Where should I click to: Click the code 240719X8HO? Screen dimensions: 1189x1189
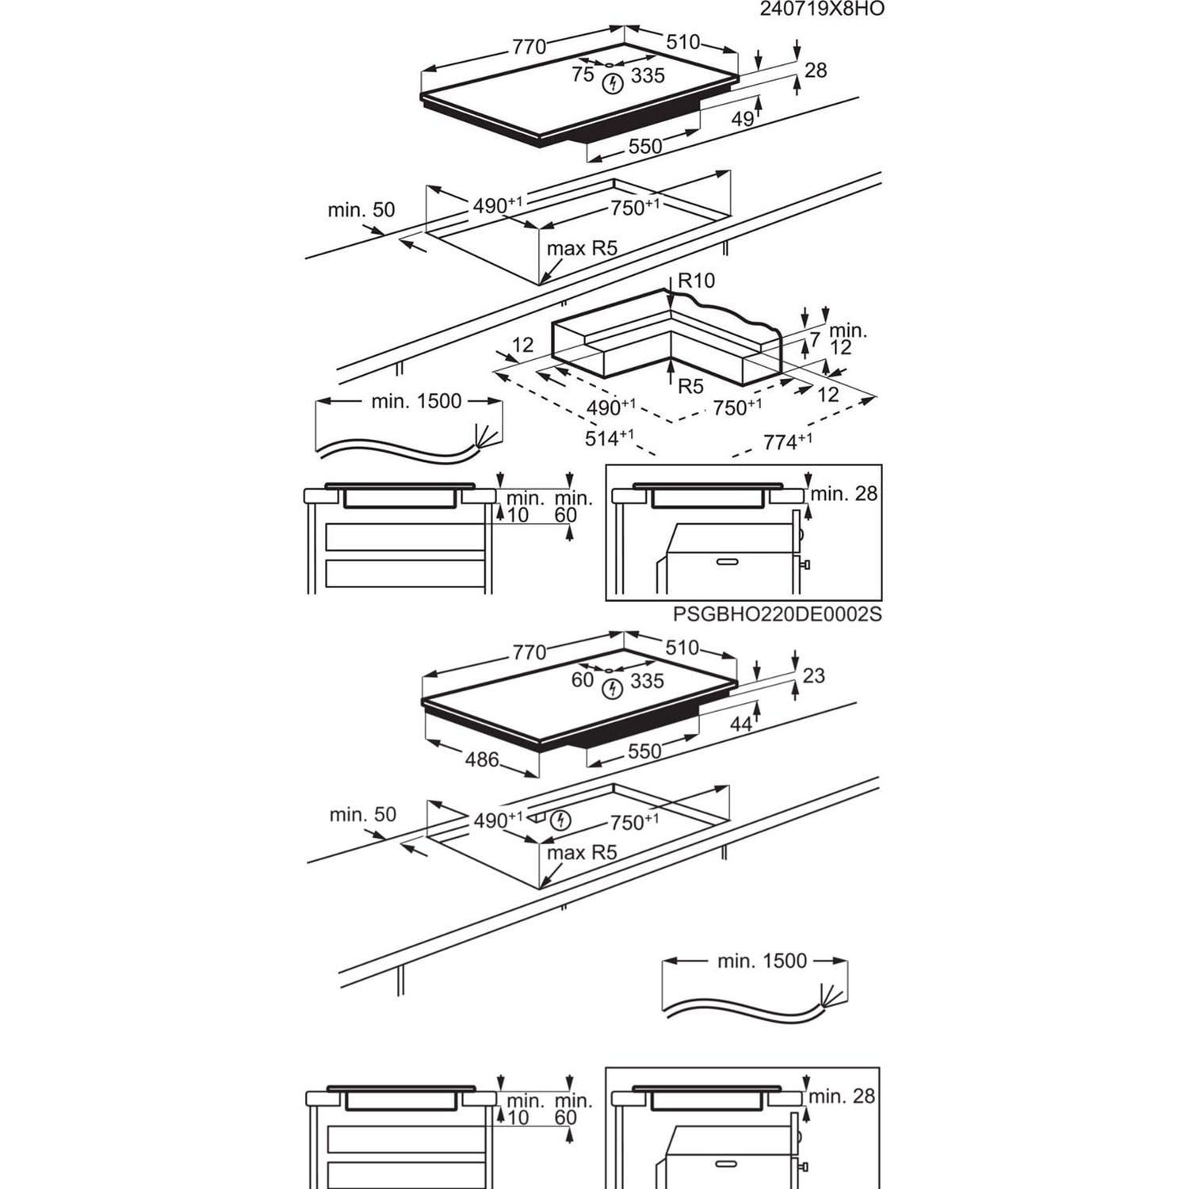click(x=821, y=9)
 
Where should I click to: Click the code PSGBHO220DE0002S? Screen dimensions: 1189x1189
click(x=777, y=614)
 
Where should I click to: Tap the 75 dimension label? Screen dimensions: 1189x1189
click(x=583, y=75)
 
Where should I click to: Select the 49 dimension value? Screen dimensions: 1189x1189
click(x=742, y=120)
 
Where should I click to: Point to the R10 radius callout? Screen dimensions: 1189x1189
click(x=696, y=281)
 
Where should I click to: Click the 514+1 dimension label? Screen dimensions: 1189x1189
click(x=610, y=437)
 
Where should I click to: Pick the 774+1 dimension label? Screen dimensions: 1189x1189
click(x=787, y=442)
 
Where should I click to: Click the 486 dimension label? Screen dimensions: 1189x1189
click(x=482, y=759)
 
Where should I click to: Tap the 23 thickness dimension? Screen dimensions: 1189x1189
click(x=813, y=675)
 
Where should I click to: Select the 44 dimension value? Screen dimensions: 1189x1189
click(x=740, y=724)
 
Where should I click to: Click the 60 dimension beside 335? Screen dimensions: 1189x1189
click(x=583, y=679)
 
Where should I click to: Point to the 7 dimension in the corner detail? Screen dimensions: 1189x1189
click(x=815, y=340)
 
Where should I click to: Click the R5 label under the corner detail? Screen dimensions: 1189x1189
click(x=690, y=386)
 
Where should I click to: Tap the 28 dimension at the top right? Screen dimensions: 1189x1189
click(x=815, y=71)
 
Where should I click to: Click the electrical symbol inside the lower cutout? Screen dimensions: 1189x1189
click(x=560, y=820)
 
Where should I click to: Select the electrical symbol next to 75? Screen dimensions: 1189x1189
click(x=611, y=84)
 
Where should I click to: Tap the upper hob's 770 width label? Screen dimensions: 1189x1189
click(x=529, y=47)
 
